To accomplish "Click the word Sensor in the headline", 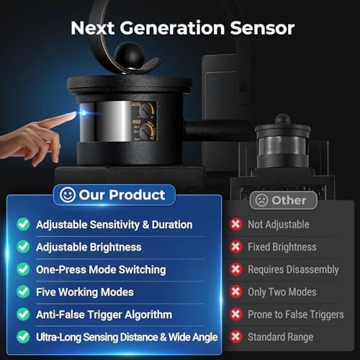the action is tap(262, 28).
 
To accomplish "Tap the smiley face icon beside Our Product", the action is tap(68, 194).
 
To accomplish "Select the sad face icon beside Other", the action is tap(261, 200).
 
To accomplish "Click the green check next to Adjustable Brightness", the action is tap(23, 247).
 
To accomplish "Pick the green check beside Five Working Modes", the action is tap(23, 292).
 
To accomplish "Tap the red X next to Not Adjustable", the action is tap(235, 224).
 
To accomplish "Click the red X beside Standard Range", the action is tap(235, 337).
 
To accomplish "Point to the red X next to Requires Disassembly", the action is tap(235, 269).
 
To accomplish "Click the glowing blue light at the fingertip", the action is tap(84, 112).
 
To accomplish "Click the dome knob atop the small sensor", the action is tap(282, 120).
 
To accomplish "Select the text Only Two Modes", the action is tap(282, 292).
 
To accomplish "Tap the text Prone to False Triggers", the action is tap(296, 315).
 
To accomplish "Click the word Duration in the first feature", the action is tap(172, 225).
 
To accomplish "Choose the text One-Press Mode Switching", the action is tap(101, 270).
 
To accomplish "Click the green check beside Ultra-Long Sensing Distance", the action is tap(23, 337).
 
